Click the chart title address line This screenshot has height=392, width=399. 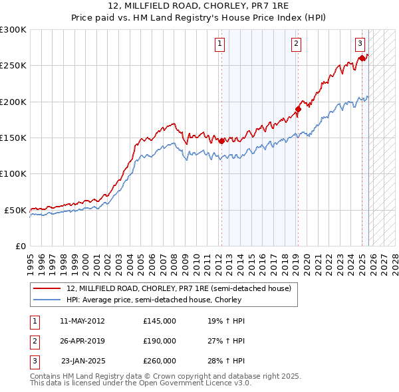coord(199,5)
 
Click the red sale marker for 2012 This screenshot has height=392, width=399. coord(221,141)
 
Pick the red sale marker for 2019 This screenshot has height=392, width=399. coord(299,109)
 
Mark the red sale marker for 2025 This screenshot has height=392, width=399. coord(362,58)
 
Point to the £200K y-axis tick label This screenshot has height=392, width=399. coord(13,102)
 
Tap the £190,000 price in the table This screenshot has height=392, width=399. coord(159,341)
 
